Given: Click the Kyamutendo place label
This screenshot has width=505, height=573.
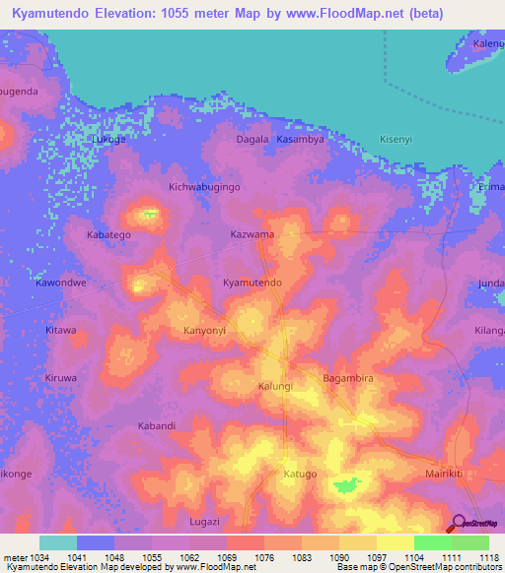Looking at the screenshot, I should [252, 283].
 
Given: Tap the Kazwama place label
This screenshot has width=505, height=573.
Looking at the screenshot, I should [252, 236].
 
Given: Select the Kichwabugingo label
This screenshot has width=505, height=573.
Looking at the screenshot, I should [205, 186].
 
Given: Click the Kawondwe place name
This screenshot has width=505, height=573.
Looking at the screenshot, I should [62, 283].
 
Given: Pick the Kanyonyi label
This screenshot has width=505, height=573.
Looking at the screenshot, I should [205, 331].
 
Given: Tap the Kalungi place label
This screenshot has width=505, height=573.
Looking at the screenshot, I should [276, 387].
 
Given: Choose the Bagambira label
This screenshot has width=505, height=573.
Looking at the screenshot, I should [349, 378].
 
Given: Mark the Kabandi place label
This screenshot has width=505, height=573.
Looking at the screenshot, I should [156, 426].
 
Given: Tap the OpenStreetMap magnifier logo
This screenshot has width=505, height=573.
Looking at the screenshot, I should [458, 523].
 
